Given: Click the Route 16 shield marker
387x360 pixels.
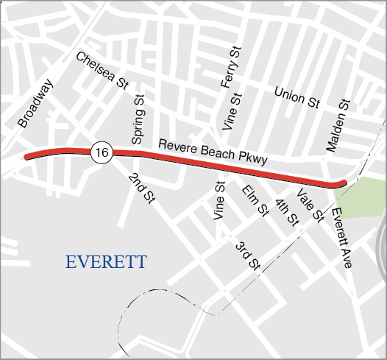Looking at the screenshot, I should point(102,152).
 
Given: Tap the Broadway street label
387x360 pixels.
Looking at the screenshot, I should point(36,105).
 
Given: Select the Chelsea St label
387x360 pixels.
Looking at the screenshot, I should point(102,70).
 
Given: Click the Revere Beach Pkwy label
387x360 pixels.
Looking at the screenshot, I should point(212,150).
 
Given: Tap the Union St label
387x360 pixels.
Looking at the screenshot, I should point(297,97).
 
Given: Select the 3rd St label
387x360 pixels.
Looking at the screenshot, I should point(248,255).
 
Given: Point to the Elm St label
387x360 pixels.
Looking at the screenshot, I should point(255,201).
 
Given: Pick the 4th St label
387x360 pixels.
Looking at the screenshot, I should point(287,212).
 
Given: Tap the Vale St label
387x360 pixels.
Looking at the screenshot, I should point(310,205).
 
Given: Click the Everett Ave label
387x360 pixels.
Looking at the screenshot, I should point(341,238).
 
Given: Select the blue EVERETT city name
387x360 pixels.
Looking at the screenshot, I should point(106,262).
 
